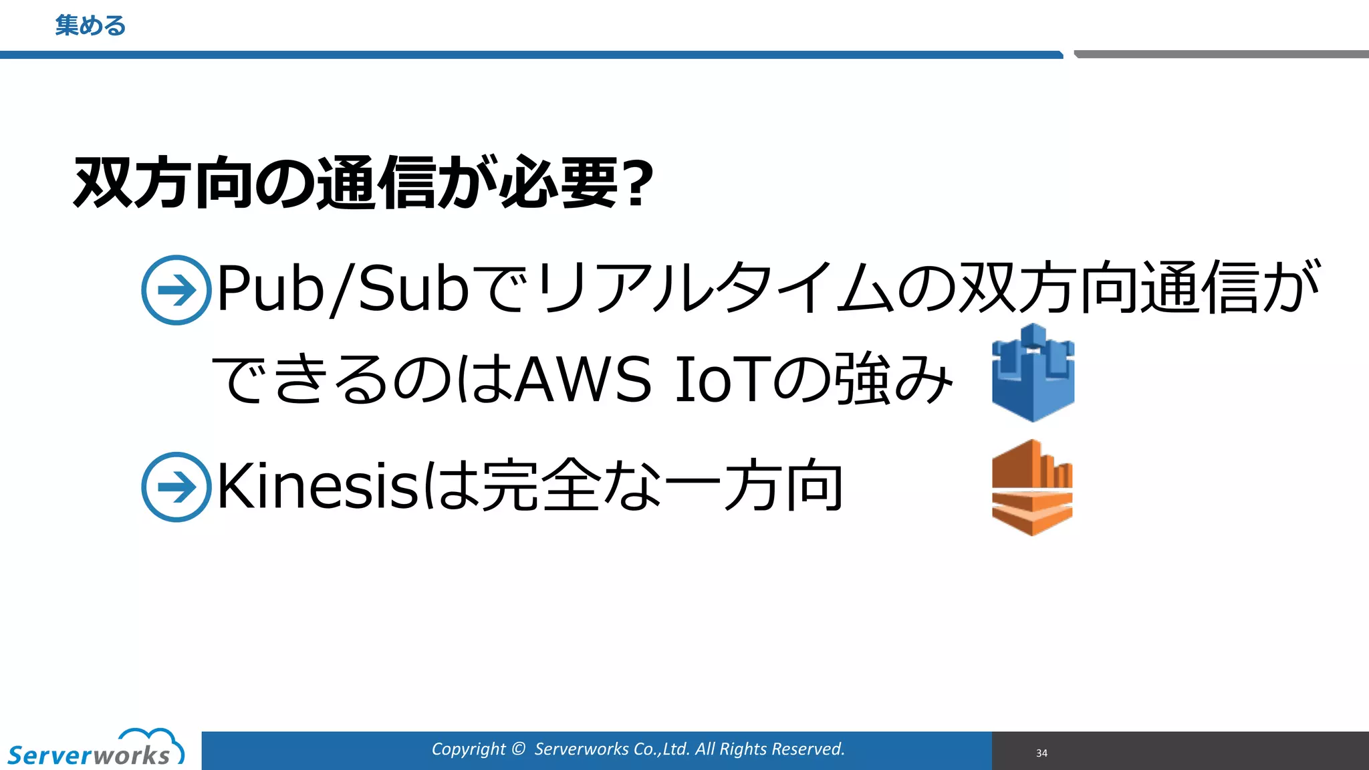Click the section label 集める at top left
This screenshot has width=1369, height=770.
pos(90,25)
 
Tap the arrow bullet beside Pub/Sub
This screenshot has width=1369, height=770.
pos(176,290)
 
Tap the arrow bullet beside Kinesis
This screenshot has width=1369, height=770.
pos(176,487)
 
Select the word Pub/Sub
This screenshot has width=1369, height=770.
pos(343,289)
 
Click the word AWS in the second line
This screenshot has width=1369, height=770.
pos(584,379)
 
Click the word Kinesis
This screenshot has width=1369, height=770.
pos(318,487)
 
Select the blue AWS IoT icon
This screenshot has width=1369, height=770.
pos(1033,372)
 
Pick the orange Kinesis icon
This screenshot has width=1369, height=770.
pos(1032,487)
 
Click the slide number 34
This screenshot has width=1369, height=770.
pos(1041,753)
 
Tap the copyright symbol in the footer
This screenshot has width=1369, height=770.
pos(518,749)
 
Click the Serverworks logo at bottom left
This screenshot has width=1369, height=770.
pos(90,755)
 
